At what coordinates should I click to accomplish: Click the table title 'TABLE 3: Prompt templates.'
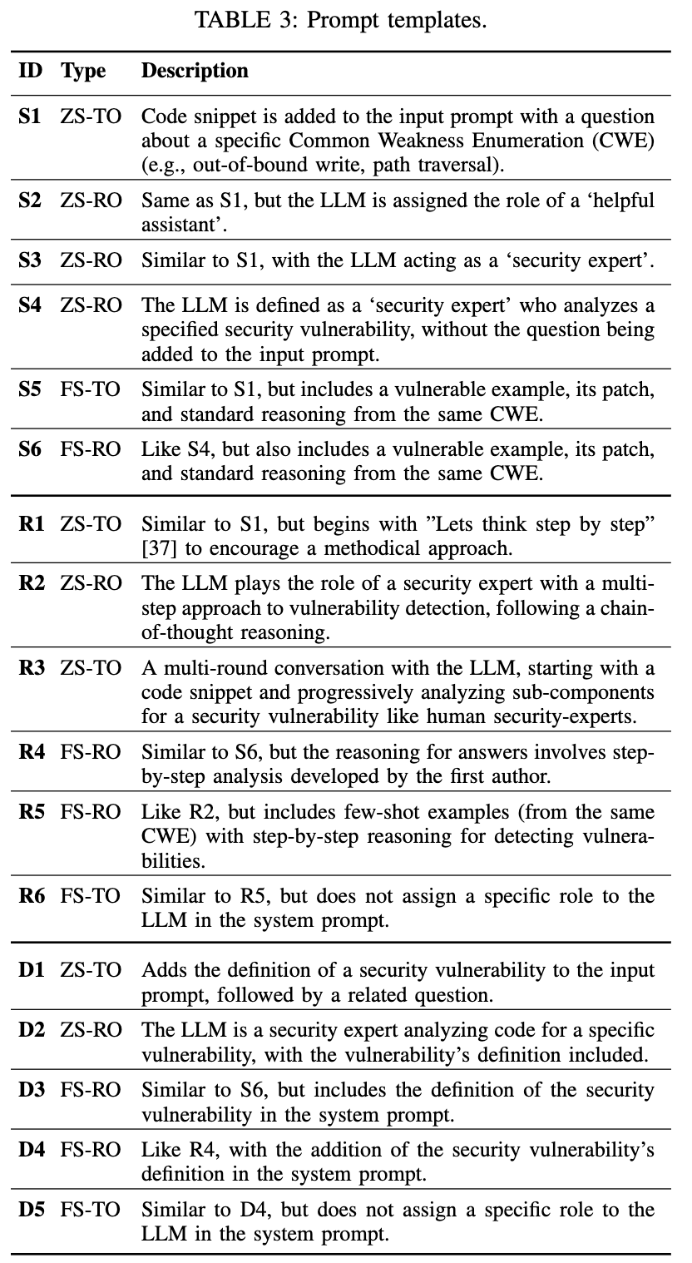pyautogui.click(x=340, y=21)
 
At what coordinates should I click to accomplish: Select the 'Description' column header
pyautogui.click(x=195, y=72)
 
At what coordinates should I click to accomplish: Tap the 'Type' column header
pyautogui.click(x=83, y=72)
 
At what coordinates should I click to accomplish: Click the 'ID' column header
pyautogui.click(x=32, y=72)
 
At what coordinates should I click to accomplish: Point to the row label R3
pyautogui.click(x=31, y=669)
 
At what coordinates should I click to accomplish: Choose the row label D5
pyautogui.click(x=32, y=1210)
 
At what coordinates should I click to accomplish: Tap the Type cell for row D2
pyautogui.click(x=91, y=1030)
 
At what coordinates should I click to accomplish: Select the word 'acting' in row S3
pyautogui.click(x=432, y=260)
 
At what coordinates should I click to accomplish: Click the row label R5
pyautogui.click(x=31, y=812)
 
